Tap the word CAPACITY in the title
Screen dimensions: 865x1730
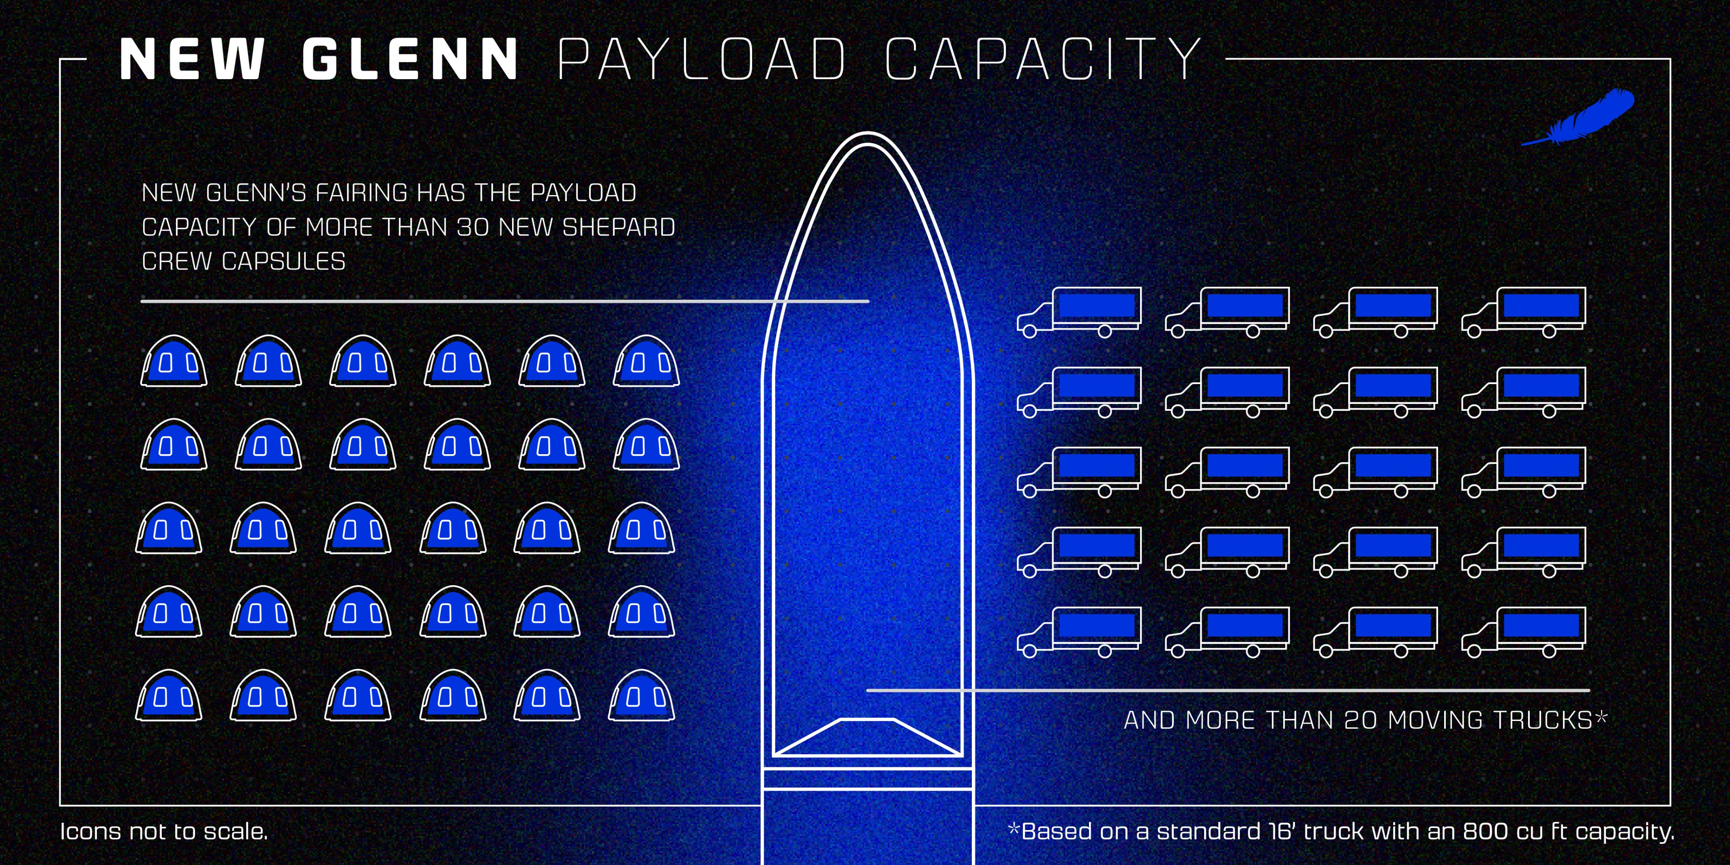pos(1043,59)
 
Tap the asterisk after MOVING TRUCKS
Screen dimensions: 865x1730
pos(1601,717)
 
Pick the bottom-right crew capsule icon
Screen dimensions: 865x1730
pos(641,696)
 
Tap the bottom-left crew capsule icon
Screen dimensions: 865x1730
pos(169,696)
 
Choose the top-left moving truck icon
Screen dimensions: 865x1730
pos(1079,311)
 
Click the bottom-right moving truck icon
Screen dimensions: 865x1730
pos(1524,631)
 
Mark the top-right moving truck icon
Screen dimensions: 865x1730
pos(1524,311)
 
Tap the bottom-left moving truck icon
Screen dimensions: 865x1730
pos(1079,631)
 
